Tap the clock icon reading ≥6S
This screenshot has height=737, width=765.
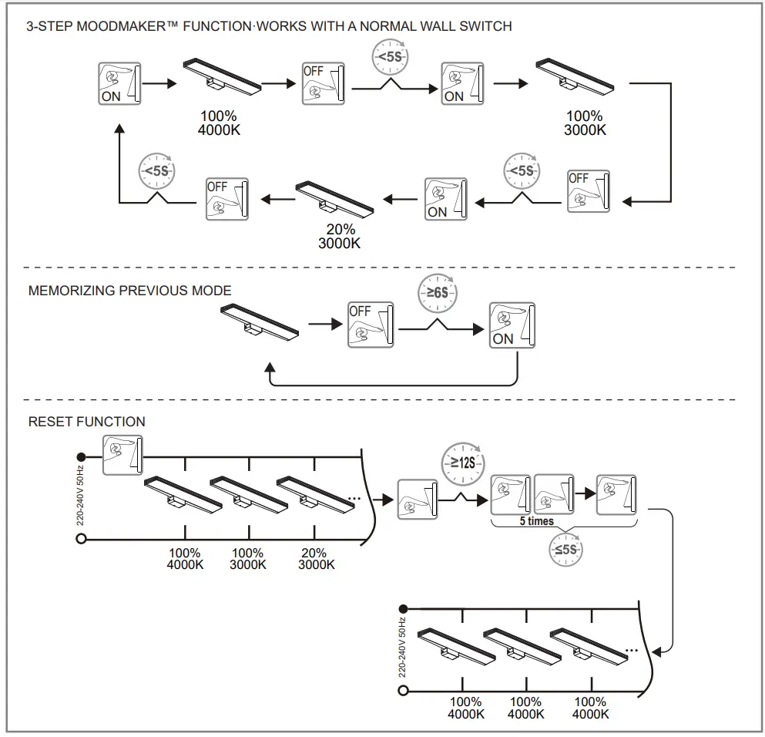[436, 291]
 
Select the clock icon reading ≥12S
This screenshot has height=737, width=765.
[459, 463]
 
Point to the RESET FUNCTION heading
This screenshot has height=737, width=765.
[86, 422]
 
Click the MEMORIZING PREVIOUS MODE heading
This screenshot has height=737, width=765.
[129, 291]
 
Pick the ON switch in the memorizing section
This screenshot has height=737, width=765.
[512, 325]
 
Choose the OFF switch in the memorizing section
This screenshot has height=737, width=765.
[371, 324]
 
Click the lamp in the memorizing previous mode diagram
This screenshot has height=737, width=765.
[259, 321]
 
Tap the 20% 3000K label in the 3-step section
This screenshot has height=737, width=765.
[340, 236]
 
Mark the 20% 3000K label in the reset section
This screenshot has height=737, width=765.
[316, 559]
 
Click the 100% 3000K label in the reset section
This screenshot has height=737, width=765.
[248, 559]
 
